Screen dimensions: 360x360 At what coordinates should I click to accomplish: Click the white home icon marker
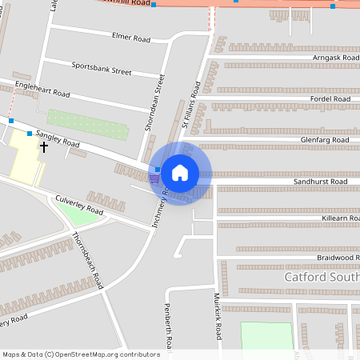tap(180, 172)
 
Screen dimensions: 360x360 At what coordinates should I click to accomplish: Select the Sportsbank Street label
tap(101, 70)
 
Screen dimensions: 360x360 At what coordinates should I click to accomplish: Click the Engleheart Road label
tap(42, 90)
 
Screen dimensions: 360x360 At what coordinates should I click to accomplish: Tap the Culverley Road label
tap(79, 203)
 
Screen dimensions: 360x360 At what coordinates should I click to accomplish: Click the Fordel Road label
tap(330, 99)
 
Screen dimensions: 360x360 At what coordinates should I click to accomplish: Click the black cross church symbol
tap(44, 146)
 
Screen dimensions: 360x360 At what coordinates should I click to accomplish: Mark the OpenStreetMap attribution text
tap(81, 354)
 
